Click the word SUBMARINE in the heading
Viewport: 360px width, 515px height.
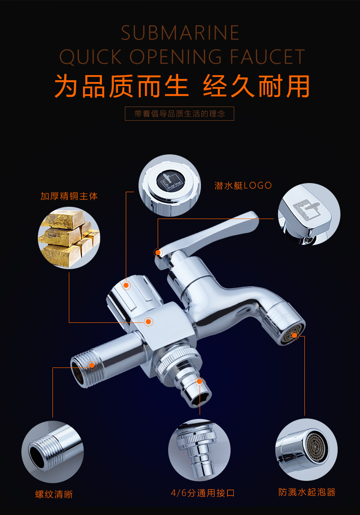click(180, 33)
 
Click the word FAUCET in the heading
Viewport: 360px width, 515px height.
click(267, 57)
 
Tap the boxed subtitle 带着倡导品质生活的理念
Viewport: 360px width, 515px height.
click(180, 114)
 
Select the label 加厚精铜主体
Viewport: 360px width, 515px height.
click(69, 196)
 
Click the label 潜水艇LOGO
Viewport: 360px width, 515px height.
click(243, 186)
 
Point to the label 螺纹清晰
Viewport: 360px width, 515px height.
click(54, 495)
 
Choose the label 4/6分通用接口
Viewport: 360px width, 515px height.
click(202, 493)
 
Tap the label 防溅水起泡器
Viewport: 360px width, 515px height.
click(307, 492)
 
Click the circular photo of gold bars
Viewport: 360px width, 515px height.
click(69, 238)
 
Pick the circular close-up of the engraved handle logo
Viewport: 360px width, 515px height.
click(309, 214)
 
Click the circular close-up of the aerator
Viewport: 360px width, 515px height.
click(306, 449)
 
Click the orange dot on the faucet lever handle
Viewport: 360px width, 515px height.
click(158, 252)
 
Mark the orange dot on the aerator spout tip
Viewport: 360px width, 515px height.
click(294, 335)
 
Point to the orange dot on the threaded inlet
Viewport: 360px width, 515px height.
click(92, 365)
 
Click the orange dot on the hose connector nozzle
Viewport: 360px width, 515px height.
click(199, 381)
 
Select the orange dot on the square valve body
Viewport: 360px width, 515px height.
click(149, 321)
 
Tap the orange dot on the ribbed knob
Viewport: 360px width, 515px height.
click(126, 285)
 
